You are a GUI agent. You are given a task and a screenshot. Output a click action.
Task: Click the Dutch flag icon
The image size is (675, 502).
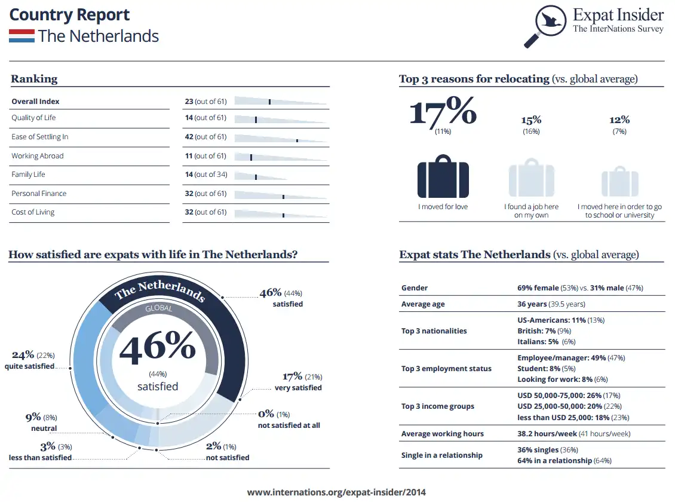[x=22, y=36]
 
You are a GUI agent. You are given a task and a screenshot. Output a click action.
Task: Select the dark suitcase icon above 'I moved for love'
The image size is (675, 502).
[x=443, y=176]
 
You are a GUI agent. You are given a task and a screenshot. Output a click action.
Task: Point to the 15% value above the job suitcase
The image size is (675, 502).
[x=531, y=120]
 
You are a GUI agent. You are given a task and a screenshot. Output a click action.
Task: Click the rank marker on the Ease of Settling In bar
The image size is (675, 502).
[x=297, y=140]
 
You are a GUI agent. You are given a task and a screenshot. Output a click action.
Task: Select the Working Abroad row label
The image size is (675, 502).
[x=37, y=156]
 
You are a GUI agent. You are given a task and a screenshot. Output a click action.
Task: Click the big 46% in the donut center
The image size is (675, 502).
[x=158, y=350]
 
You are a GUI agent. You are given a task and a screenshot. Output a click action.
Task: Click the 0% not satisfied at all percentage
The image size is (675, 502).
[x=266, y=414]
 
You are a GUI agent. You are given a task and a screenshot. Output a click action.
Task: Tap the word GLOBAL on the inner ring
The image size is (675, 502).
[x=158, y=309]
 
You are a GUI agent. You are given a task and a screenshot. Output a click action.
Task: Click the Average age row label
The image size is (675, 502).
[x=423, y=304]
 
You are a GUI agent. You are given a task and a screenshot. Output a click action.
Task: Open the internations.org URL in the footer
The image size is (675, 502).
[x=337, y=492]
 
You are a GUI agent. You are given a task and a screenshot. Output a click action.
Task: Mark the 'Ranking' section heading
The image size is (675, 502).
[x=34, y=79]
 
